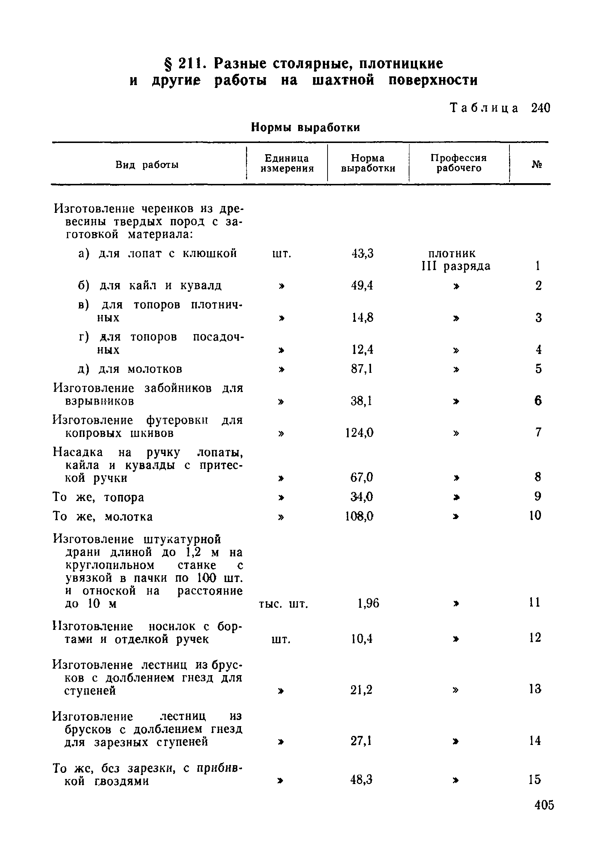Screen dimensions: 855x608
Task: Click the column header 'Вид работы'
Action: (147, 165)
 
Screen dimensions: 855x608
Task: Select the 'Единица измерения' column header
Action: (287, 164)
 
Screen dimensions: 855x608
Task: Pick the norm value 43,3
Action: (362, 254)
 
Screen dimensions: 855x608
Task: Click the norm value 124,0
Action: (359, 433)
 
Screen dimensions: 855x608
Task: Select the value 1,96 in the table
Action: (368, 603)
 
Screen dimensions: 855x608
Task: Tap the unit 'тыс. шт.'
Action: (283, 604)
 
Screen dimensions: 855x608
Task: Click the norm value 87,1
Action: (362, 369)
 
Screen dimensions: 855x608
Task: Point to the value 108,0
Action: (359, 517)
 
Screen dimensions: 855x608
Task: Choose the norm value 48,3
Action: (361, 780)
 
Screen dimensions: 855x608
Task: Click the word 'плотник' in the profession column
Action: (452, 254)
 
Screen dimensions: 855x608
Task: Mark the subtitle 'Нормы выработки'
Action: (305, 127)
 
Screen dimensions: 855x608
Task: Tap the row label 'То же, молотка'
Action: (103, 517)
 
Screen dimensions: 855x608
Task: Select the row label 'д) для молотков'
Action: (130, 369)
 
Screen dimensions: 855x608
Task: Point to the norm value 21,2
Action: (361, 690)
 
